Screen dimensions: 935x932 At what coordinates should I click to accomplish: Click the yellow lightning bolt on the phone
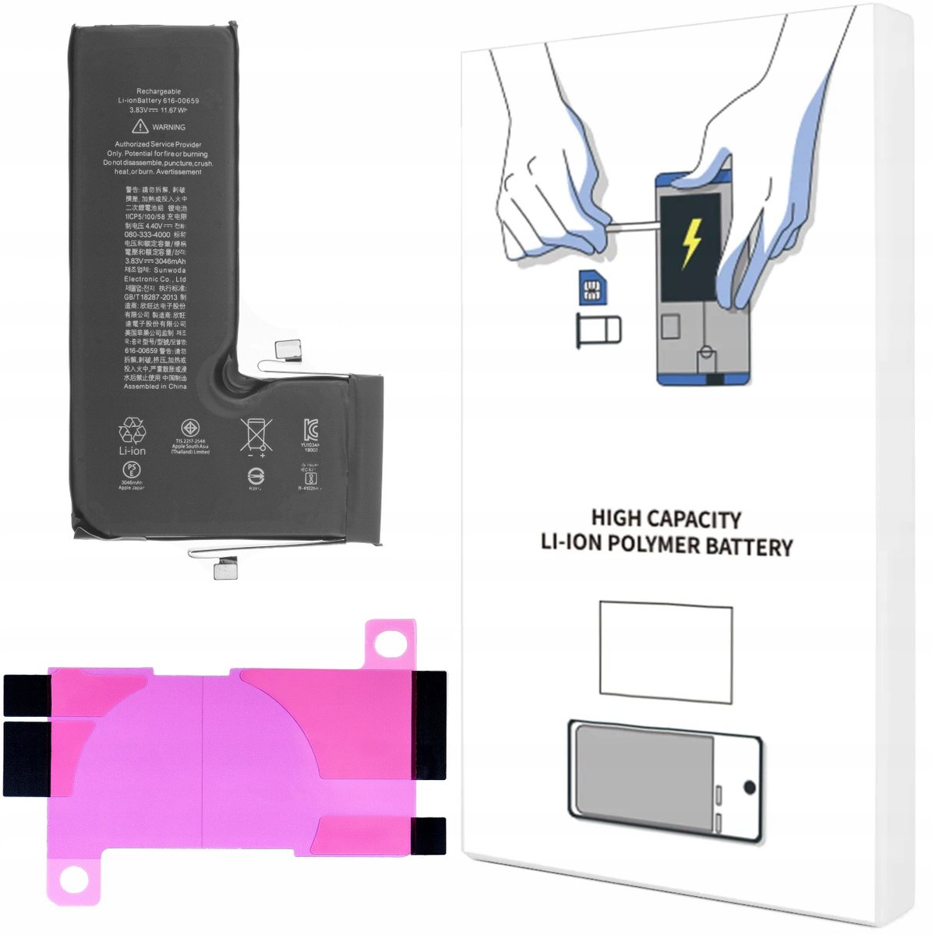point(690,242)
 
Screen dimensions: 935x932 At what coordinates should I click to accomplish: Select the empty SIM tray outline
point(598,331)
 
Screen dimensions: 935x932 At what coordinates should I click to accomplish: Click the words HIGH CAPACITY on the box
point(665,519)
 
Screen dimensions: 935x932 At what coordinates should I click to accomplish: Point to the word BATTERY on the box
point(748,546)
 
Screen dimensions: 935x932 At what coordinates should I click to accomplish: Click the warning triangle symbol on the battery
point(140,126)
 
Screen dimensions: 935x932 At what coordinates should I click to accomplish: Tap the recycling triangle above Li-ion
point(132,431)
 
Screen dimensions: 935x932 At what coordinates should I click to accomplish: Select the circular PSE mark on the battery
point(131,471)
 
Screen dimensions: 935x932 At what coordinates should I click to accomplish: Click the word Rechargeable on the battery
point(158,91)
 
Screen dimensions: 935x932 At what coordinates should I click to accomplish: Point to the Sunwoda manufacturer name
point(169,270)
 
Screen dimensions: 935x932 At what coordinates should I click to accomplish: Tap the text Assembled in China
point(155,386)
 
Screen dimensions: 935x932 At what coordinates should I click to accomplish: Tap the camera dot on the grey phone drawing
point(749,787)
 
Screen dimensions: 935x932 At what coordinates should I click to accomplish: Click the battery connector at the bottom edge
point(226,572)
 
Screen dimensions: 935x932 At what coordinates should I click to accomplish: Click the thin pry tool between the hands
point(631,228)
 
